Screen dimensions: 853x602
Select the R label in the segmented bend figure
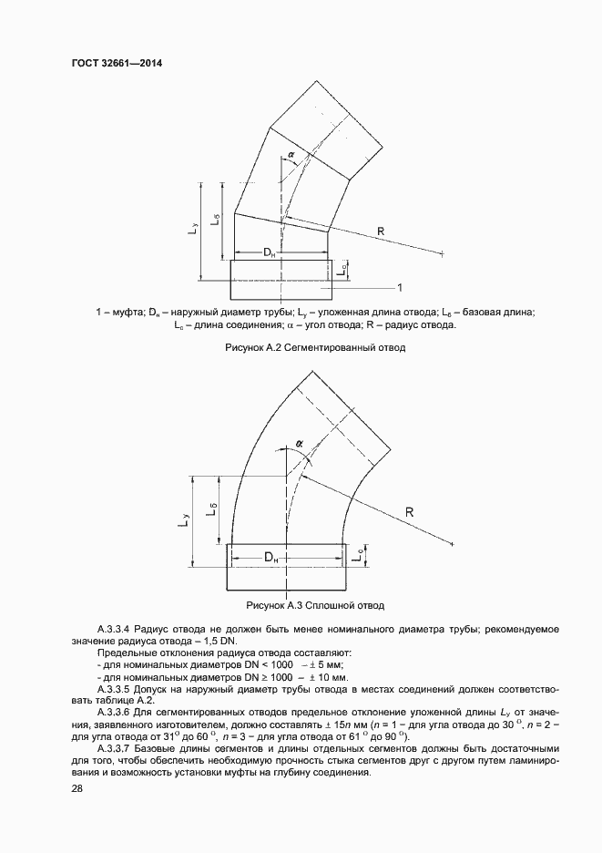coord(380,232)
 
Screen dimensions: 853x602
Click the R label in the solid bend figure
coord(410,512)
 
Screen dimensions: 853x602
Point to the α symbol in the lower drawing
coord(298,446)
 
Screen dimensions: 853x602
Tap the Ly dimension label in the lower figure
coord(186,519)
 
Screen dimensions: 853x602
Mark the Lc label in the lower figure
coord(362,555)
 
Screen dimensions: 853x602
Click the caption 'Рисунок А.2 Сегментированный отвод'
coord(301,347)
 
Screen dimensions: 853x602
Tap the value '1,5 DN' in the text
coord(211,642)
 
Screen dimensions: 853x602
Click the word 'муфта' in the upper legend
coord(125,313)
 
